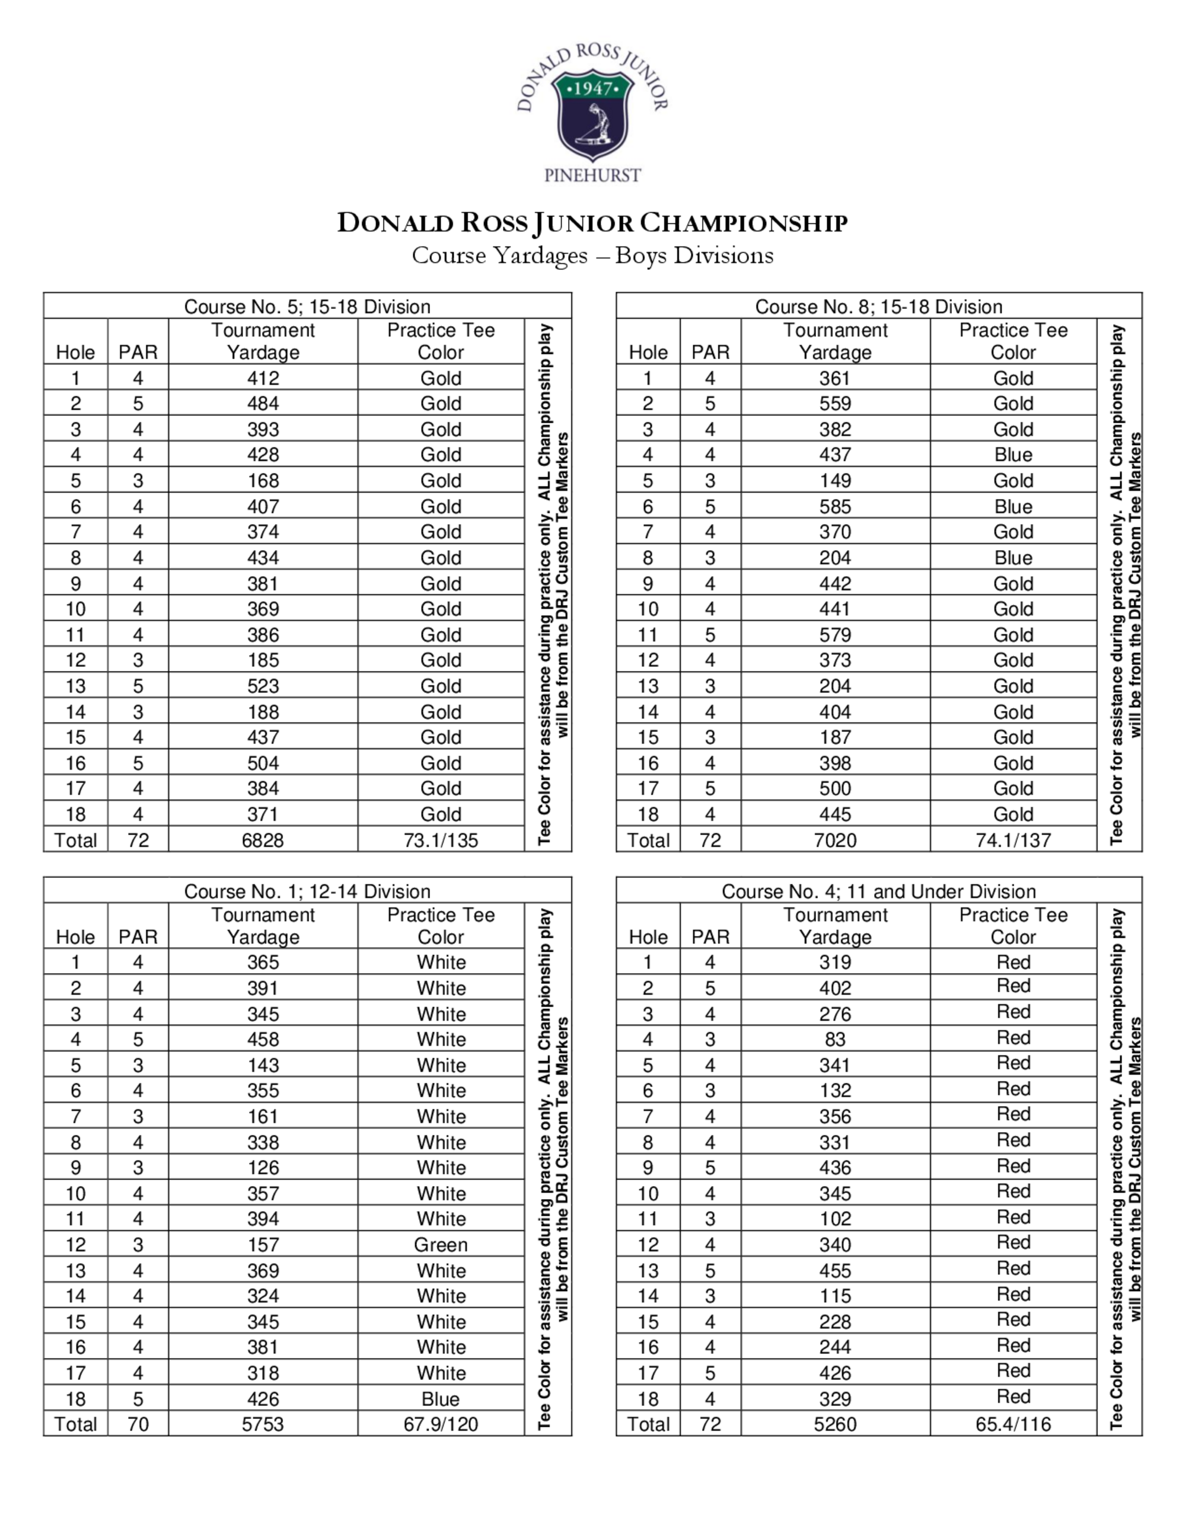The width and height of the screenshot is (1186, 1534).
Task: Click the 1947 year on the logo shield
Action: tap(593, 89)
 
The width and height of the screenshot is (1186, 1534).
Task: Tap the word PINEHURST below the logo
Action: tap(592, 175)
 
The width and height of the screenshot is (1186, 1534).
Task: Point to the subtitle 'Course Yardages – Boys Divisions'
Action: tap(592, 255)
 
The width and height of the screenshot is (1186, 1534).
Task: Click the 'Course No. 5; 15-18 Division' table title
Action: tap(307, 307)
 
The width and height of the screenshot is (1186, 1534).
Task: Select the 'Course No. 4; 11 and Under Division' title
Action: tap(878, 891)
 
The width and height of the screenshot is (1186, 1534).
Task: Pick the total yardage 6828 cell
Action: tap(263, 840)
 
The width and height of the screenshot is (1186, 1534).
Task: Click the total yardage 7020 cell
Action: tap(836, 840)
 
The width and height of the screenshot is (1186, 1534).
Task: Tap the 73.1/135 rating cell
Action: tap(441, 840)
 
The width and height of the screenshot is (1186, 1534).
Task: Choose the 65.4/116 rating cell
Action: tap(1013, 1424)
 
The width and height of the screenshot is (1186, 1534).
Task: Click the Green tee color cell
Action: tap(441, 1245)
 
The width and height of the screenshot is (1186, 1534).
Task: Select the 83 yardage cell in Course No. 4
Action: tap(836, 1040)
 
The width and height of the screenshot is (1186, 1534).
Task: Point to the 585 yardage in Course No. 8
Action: tap(836, 506)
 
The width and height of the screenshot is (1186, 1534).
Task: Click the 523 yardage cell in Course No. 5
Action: tap(263, 686)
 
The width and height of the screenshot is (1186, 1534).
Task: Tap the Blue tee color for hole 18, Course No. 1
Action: tap(441, 1399)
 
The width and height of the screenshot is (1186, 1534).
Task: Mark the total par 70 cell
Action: tap(138, 1424)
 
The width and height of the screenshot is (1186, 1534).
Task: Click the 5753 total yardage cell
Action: tap(263, 1424)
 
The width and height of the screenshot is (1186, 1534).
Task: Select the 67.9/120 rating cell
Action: tap(441, 1424)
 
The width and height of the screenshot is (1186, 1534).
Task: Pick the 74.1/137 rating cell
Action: tap(1013, 840)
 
